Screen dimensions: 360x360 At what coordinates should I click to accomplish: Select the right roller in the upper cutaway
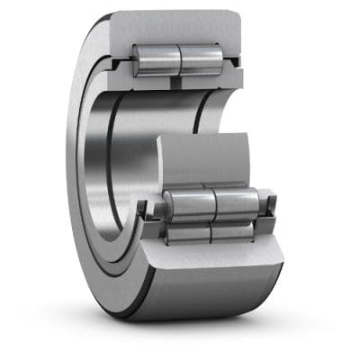pos(201,59)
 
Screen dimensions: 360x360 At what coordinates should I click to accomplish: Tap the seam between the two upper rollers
pos(180,58)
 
